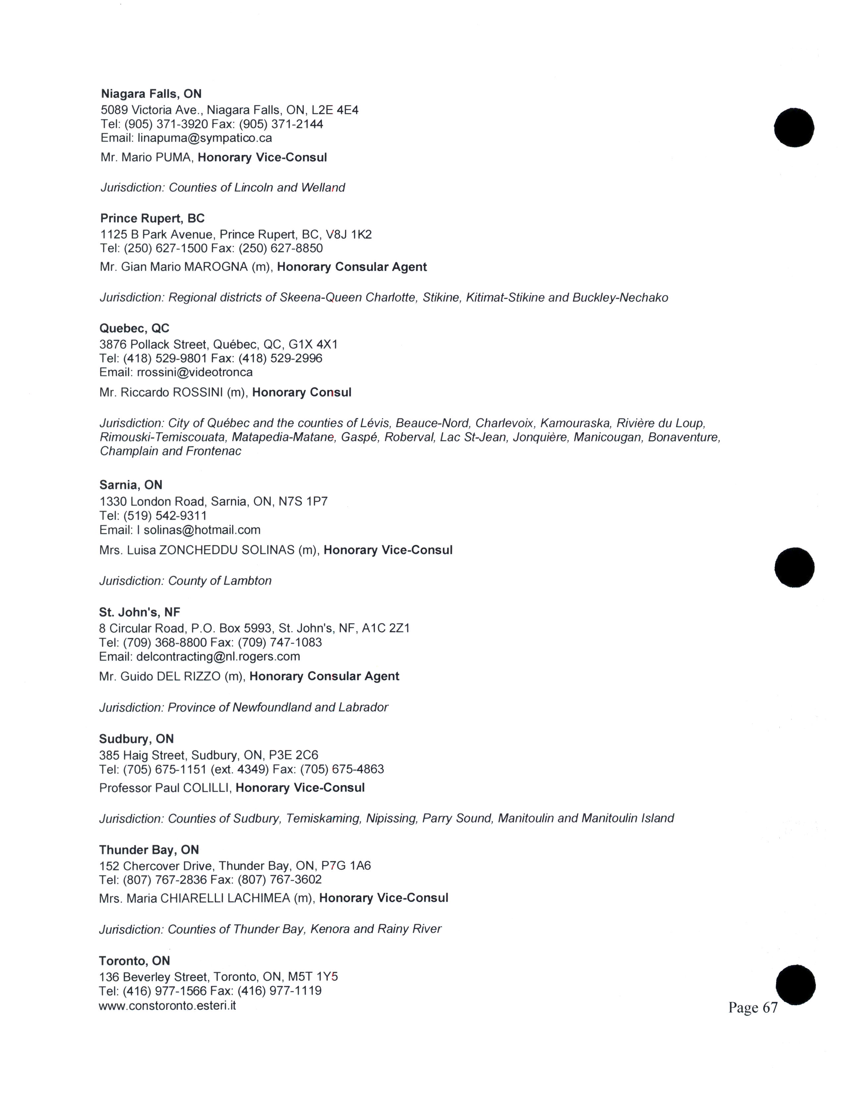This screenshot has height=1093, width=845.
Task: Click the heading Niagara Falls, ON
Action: coord(151,94)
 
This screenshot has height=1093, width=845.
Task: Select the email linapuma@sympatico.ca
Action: coord(205,138)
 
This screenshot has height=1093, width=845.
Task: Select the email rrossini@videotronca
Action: coord(195,372)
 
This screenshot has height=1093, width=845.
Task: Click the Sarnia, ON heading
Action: coord(131,485)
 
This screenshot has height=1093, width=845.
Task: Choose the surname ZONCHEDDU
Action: coord(198,550)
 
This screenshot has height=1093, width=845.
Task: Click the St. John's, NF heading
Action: coord(139,612)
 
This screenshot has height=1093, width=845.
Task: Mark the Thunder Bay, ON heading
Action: coord(149,850)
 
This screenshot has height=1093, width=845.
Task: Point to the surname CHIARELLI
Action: coord(192,898)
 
